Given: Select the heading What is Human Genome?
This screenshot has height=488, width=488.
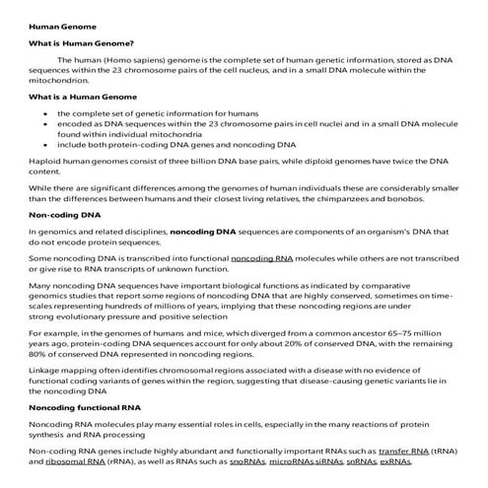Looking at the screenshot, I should [x=77, y=42].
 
